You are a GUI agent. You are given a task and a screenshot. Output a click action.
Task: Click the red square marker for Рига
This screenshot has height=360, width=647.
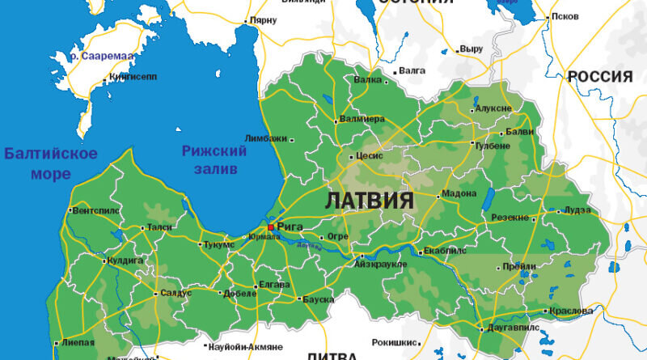coord(270,227)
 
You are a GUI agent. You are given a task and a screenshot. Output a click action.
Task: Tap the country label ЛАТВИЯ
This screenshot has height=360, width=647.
coord(370,201)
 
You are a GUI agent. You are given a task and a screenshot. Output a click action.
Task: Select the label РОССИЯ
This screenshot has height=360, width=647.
coord(599,77)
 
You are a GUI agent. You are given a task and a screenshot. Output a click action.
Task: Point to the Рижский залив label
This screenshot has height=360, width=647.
coord(214,159)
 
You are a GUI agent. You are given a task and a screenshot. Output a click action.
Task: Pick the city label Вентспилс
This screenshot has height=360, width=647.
coord(95,210)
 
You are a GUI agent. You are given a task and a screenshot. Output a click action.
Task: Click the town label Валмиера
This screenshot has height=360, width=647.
coord(362,119)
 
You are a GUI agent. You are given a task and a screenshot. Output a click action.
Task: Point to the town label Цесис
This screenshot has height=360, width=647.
coord(370,156)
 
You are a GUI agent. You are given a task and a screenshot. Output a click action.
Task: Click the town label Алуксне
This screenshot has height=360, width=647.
coord(494,108)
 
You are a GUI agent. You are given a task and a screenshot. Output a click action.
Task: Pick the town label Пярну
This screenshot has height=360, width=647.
coord(263,19)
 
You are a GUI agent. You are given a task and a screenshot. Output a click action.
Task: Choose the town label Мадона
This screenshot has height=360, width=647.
coord(461,195)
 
